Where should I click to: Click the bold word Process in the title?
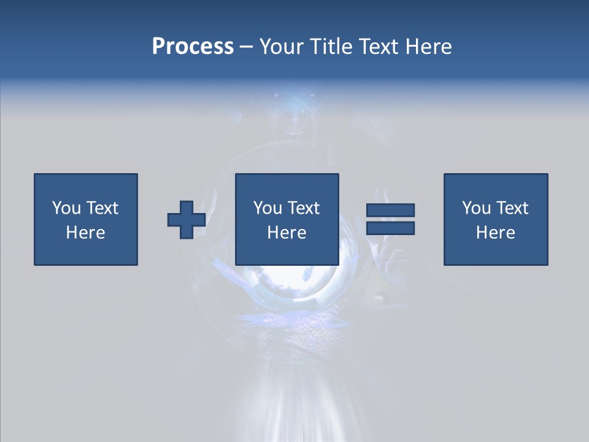click(x=193, y=47)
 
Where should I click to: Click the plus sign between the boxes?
click(x=187, y=220)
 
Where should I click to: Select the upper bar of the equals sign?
click(x=390, y=210)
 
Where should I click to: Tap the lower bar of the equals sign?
click(x=390, y=228)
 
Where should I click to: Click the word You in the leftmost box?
click(x=66, y=208)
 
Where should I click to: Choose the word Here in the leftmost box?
click(x=85, y=233)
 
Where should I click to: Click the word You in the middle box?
click(x=268, y=208)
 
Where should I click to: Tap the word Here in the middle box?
click(x=287, y=233)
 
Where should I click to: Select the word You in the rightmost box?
click(x=476, y=208)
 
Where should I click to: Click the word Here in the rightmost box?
click(x=496, y=233)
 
